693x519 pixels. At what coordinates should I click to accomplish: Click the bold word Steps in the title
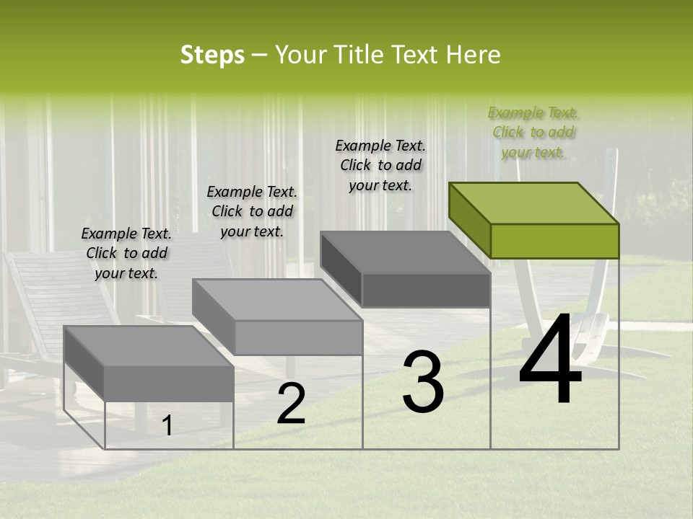[212, 55]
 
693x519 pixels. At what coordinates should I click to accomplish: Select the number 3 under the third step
[423, 382]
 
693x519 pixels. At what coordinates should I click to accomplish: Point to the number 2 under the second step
[291, 404]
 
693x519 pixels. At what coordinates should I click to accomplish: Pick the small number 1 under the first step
[167, 426]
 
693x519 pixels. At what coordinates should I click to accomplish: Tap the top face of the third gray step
[404, 252]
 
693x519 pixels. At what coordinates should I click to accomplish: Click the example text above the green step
[533, 133]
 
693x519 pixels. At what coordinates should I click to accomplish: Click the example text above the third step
[380, 165]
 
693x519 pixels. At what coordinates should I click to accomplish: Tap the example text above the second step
[252, 211]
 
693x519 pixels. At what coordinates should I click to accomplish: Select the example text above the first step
[126, 253]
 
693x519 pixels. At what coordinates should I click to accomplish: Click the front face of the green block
[554, 241]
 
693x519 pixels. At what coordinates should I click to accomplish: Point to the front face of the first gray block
[169, 383]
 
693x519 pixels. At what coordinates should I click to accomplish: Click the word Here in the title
[474, 55]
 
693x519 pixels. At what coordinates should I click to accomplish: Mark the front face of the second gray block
[298, 337]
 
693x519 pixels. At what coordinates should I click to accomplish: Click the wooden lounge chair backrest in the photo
[43, 288]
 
